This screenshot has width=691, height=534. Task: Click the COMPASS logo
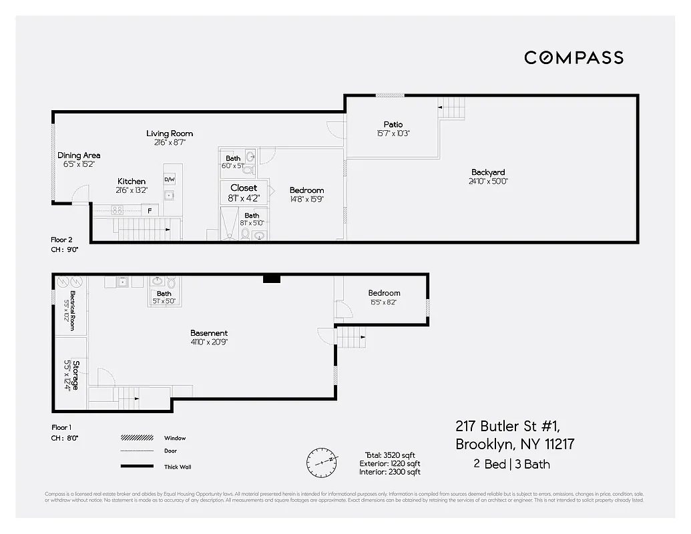tap(573, 57)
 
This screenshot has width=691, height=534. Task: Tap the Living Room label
tap(170, 133)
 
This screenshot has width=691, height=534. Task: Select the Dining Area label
tap(79, 156)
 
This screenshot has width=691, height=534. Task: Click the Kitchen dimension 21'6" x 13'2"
tap(132, 190)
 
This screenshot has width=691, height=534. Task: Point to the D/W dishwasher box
tap(170, 180)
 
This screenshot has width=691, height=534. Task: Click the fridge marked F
tap(150, 210)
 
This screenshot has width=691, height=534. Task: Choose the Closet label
tap(244, 188)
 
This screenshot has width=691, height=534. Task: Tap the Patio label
tap(393, 124)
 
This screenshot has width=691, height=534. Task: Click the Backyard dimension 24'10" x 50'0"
tap(488, 181)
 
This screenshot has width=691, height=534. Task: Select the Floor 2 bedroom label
tap(306, 190)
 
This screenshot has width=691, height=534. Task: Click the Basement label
tap(209, 332)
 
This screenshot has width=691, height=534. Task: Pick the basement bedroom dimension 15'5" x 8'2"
tap(384, 302)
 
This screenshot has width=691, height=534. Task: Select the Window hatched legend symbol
tap(137, 439)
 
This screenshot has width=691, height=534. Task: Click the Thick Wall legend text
tap(177, 467)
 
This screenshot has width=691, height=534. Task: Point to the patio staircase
tap(451, 107)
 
